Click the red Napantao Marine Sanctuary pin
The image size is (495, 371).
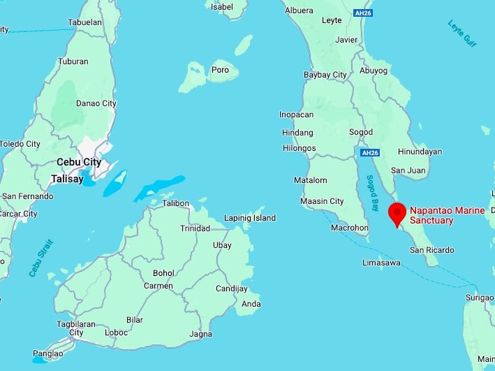[x=397, y=213]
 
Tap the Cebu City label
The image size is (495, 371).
[x=79, y=162]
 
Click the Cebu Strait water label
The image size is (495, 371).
[x=42, y=258]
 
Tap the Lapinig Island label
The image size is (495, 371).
[x=250, y=218]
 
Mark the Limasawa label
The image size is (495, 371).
[x=382, y=263]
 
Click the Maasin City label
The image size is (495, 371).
[x=322, y=201]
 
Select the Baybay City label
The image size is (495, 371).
[x=325, y=75]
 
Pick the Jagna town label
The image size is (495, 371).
[x=200, y=334]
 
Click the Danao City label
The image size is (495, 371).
[x=96, y=103]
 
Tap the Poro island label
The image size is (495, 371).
[x=221, y=70]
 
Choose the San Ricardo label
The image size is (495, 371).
[x=431, y=250]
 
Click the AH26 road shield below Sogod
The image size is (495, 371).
[x=369, y=152]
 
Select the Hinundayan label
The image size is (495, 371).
[x=420, y=152]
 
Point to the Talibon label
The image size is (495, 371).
[x=175, y=203]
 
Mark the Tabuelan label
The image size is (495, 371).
[x=84, y=22]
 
